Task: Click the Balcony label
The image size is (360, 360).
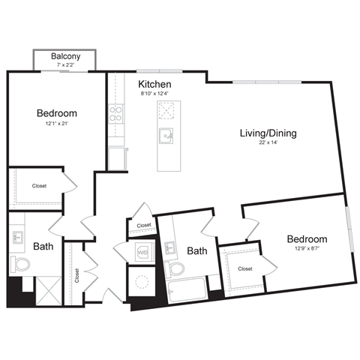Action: (x=67, y=56)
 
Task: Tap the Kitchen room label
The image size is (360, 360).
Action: (x=154, y=84)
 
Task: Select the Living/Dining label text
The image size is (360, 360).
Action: (x=268, y=133)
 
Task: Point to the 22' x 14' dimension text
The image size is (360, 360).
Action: (x=268, y=144)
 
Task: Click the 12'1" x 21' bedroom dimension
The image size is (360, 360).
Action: (x=57, y=124)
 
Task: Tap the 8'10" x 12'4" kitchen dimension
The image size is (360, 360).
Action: (x=154, y=94)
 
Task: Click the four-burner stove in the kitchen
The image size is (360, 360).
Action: (x=116, y=114)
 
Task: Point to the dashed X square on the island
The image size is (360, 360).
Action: (x=166, y=110)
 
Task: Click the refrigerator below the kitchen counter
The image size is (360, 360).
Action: (x=117, y=158)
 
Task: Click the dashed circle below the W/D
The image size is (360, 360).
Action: (x=141, y=280)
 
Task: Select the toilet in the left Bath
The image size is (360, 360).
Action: (x=19, y=264)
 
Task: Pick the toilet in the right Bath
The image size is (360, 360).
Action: (x=177, y=268)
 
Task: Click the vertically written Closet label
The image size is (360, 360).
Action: (x=76, y=275)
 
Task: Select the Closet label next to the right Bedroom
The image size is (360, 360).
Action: (x=244, y=268)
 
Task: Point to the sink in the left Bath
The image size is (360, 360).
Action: (x=18, y=238)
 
